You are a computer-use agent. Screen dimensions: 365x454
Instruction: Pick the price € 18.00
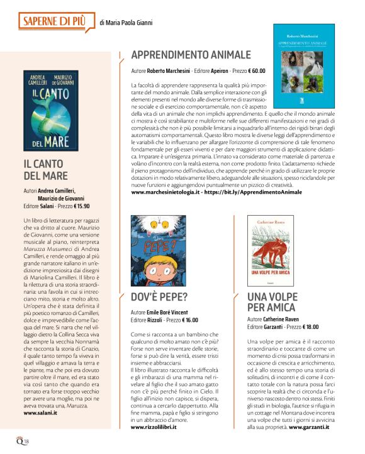point(306,326)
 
